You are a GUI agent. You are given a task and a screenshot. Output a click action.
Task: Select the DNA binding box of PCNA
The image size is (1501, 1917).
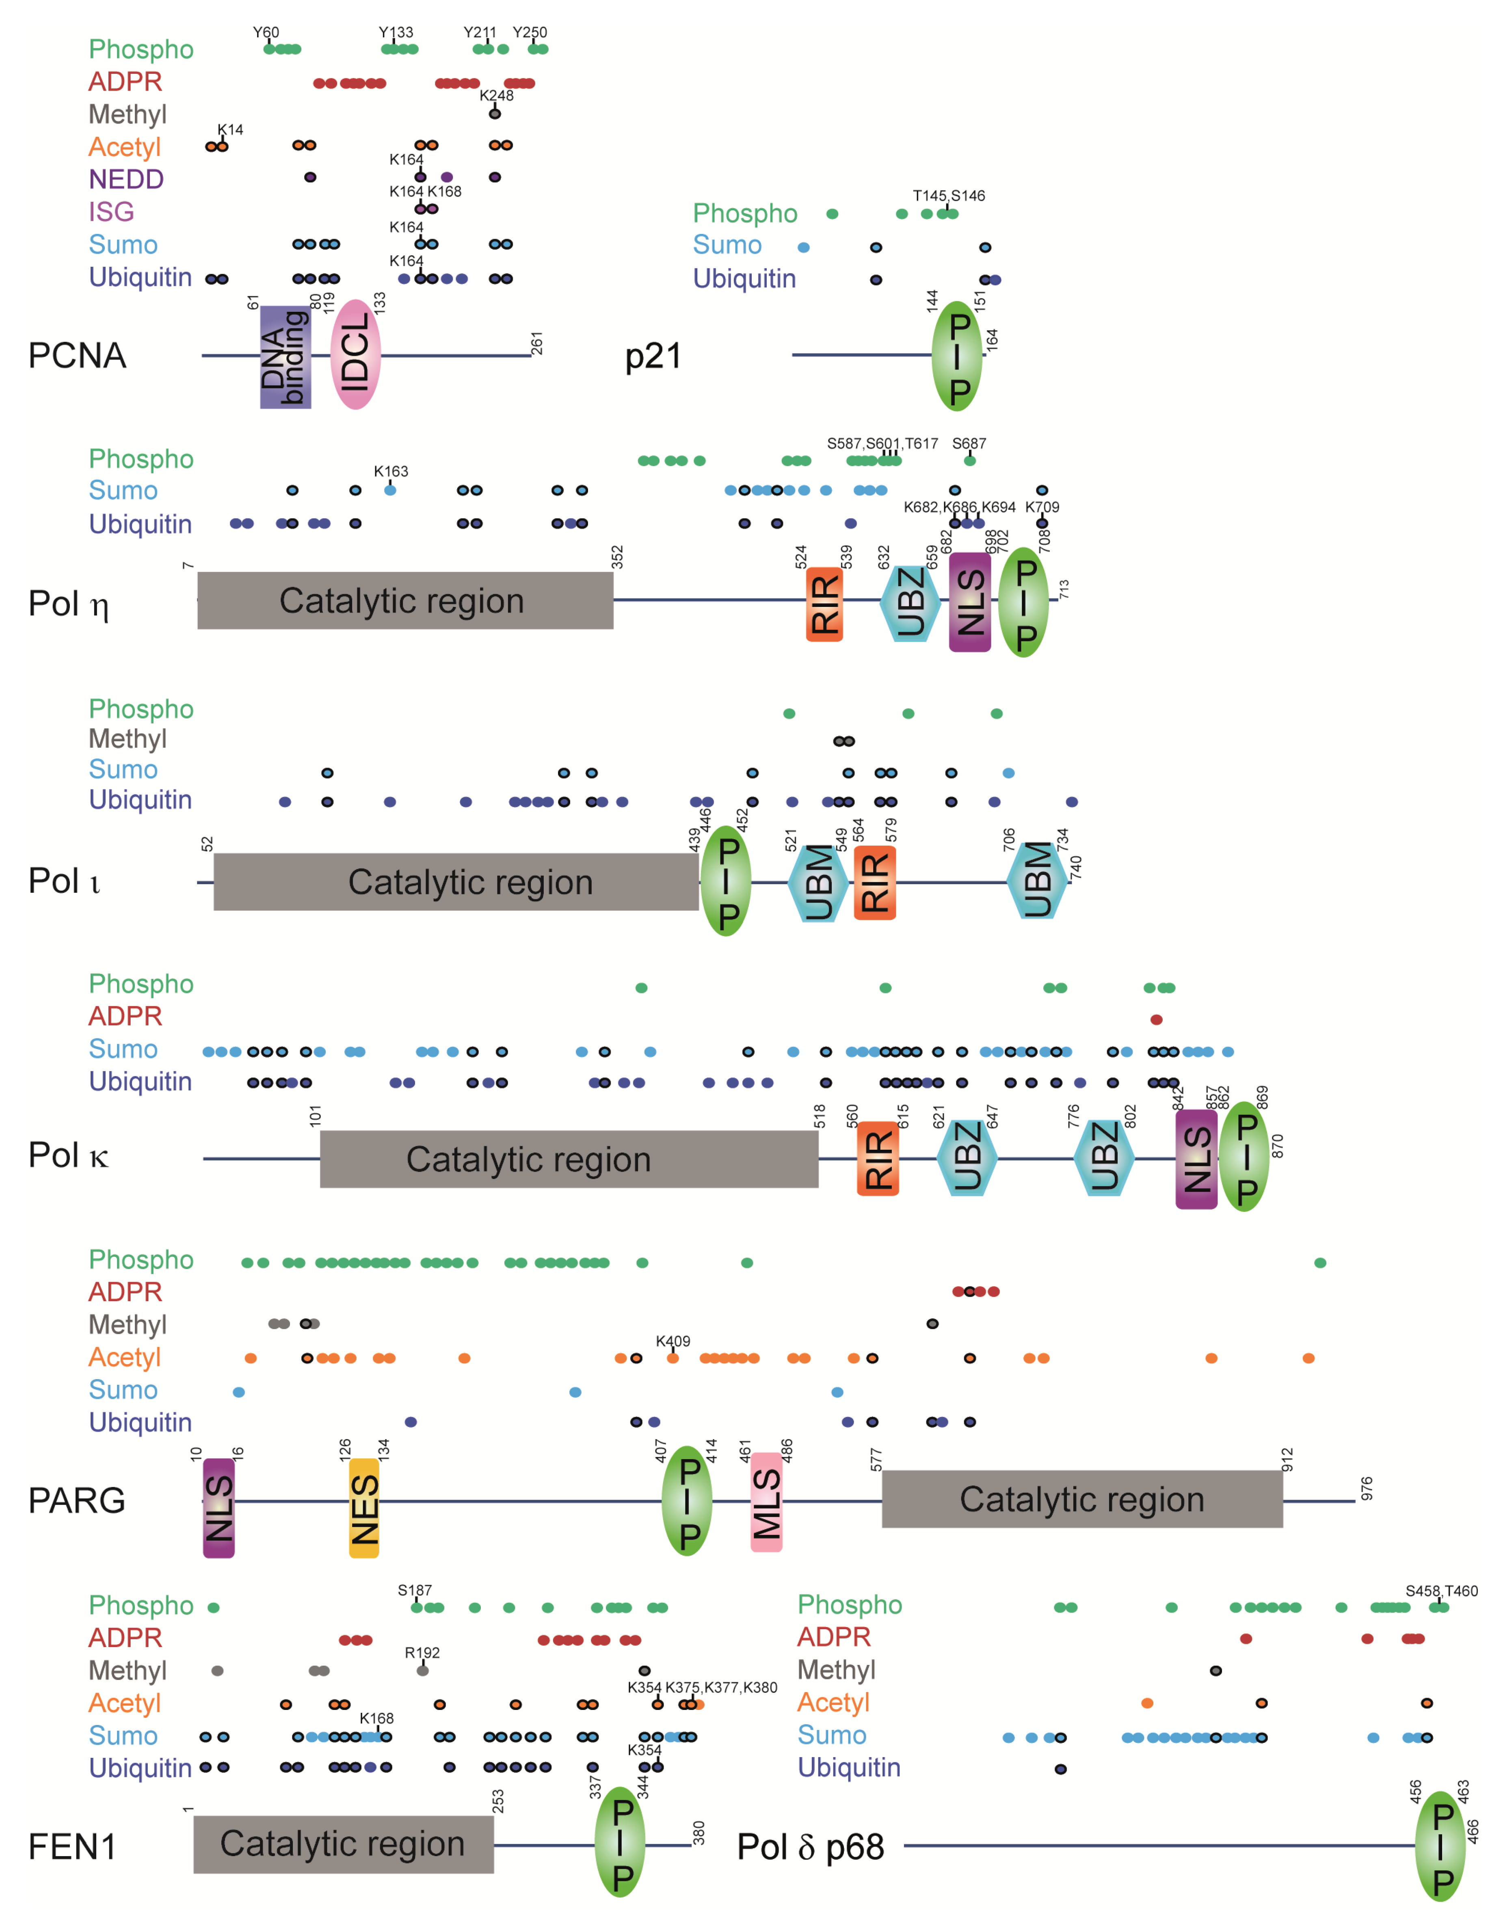coord(285,357)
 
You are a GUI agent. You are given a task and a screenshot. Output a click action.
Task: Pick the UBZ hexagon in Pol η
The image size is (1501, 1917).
coord(911,603)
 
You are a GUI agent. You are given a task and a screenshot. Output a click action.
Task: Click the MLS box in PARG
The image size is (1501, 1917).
coord(766,1503)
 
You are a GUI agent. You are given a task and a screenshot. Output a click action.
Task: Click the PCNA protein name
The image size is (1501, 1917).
coord(77,356)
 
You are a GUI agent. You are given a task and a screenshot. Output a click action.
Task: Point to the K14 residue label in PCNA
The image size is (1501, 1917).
coord(230,129)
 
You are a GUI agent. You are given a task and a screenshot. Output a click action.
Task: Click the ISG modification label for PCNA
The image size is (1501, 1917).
coord(112,212)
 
